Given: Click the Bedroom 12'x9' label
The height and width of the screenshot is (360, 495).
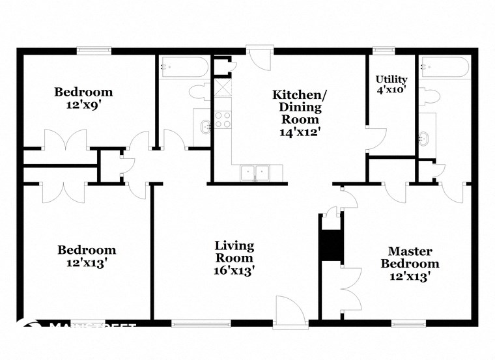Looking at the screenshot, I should coord(83,98).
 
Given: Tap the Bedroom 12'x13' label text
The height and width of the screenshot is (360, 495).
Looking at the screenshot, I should coord(87,256).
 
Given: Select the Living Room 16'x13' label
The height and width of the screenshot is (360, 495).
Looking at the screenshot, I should coord(234,258).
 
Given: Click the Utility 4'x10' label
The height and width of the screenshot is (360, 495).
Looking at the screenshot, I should coord(391,85).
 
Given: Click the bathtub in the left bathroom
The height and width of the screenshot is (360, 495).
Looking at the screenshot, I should coord(183,66).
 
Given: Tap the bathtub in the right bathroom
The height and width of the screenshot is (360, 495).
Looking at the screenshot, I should coord(445,67).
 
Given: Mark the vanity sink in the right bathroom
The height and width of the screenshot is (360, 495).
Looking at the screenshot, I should coord(426,137).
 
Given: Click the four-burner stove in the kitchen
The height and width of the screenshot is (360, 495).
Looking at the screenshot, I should coord(223,120).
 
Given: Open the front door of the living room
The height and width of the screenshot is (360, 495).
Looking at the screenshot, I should coord(289,312).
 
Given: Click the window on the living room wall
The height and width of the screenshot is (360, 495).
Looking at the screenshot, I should coord(201,323).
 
